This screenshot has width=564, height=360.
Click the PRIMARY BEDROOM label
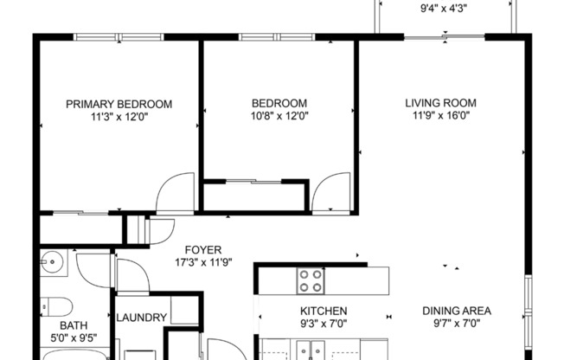tap(119, 104)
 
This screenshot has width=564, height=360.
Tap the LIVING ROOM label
tap(440, 103)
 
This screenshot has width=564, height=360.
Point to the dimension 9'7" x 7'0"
tap(456, 324)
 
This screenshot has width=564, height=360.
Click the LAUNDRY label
tap(141, 318)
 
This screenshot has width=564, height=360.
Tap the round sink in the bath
tap(53, 261)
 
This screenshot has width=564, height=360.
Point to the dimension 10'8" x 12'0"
tap(279, 116)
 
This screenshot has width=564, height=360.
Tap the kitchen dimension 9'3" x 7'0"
tap(324, 324)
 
